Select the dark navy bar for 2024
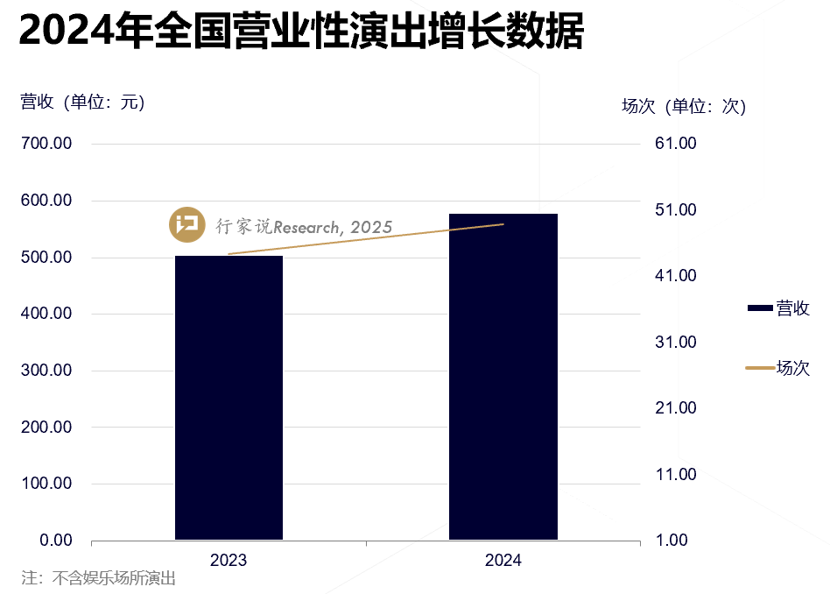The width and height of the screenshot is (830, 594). point(503,377)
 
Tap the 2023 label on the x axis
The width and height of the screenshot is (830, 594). point(229,561)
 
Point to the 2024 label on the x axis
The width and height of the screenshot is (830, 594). point(503,561)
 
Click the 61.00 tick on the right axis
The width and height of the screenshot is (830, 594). point(675,144)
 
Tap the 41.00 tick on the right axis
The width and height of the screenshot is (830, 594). point(675,276)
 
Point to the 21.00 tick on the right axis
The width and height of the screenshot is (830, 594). point(675,408)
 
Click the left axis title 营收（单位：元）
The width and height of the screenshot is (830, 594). point(82,102)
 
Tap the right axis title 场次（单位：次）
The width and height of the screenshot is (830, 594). point(683,107)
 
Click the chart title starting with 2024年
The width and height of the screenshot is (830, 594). point(300,33)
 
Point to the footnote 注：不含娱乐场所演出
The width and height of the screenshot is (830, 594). point(99,578)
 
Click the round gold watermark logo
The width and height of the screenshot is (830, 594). point(186,226)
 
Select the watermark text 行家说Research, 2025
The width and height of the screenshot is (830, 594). point(304,227)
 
